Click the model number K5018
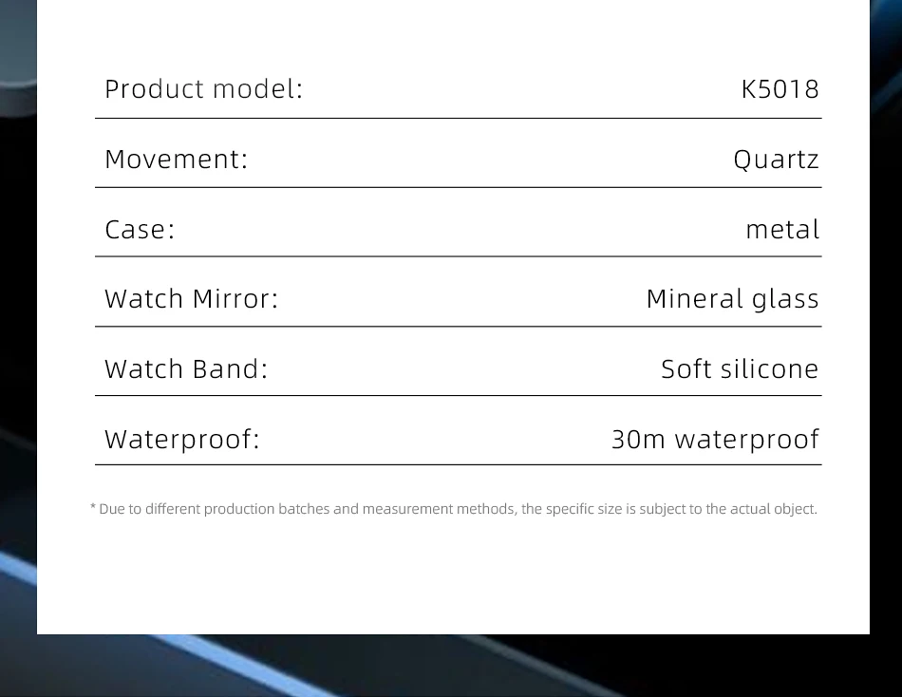coord(780,89)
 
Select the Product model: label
coord(203,88)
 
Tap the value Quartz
coord(776,160)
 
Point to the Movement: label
coord(176,159)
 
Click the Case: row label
coord(140,229)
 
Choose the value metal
coord(782,229)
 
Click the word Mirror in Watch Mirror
coord(235,299)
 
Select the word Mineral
coord(695,299)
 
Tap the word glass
coord(785,300)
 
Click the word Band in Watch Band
coord(230,369)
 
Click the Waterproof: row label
coord(182,440)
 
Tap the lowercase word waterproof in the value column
coord(746,440)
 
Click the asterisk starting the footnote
coord(93,507)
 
